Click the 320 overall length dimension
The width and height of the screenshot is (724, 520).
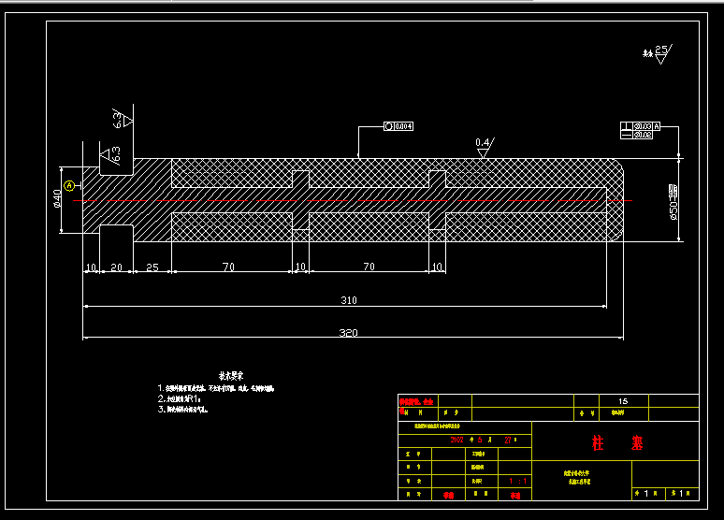tap(348, 332)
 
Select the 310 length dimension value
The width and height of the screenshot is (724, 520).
tap(348, 300)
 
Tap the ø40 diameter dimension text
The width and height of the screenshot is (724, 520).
tap(57, 198)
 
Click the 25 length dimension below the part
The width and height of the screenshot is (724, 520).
tap(152, 267)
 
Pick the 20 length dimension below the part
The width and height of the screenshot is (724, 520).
tap(116, 267)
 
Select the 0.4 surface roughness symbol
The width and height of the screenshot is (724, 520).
tap(484, 148)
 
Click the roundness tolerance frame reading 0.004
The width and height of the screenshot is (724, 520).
tap(398, 126)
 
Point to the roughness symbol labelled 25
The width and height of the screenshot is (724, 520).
tap(660, 52)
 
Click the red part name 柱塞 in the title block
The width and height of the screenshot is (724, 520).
tap(617, 442)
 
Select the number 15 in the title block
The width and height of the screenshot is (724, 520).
tap(623, 401)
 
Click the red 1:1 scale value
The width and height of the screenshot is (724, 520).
tap(516, 481)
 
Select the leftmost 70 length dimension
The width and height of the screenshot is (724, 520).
tap(228, 267)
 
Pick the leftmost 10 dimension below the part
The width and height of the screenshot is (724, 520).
tap(91, 267)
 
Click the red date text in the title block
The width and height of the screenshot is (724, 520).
tap(482, 439)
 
